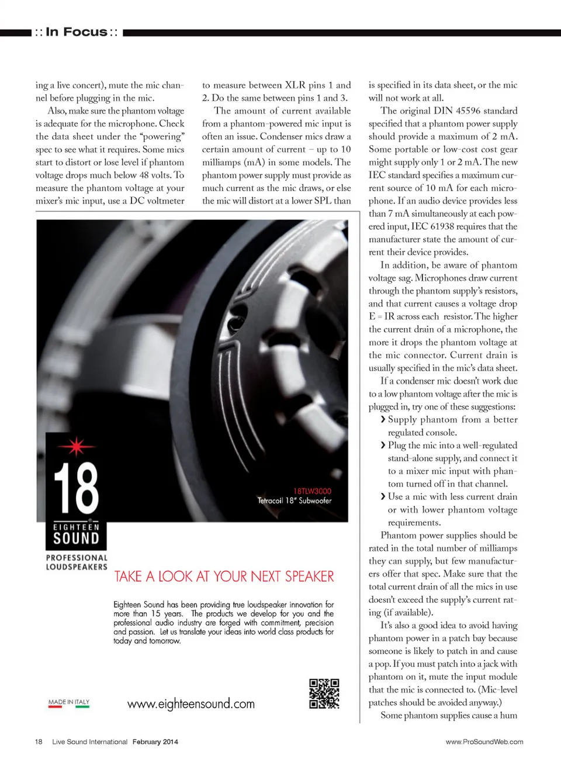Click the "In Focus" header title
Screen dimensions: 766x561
pyautogui.click(x=77, y=32)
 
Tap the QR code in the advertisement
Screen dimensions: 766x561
pyautogui.click(x=324, y=693)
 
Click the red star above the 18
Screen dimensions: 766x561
pyautogui.click(x=76, y=446)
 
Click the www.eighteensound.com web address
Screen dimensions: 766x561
pyautogui.click(x=191, y=703)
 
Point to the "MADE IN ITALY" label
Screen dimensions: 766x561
pyautogui.click(x=69, y=702)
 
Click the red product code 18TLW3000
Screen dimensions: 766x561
pyautogui.click(x=312, y=491)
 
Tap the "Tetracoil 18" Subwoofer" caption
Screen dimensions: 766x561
pyautogui.click(x=295, y=501)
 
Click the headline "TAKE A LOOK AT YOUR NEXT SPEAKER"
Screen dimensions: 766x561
pyautogui.click(x=224, y=577)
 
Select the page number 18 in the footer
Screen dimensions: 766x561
pyautogui.click(x=39, y=741)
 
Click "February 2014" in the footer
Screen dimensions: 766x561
pyautogui.click(x=155, y=741)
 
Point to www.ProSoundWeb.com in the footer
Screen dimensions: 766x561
pyautogui.click(x=484, y=741)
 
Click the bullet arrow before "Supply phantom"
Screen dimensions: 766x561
pyautogui.click(x=383, y=419)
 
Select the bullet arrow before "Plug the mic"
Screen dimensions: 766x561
pyautogui.click(x=383, y=445)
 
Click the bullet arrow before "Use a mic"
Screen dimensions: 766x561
pyautogui.click(x=383, y=496)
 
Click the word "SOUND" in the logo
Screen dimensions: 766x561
pyautogui.click(x=76, y=539)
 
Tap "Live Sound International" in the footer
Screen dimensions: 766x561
pyautogui.click(x=89, y=741)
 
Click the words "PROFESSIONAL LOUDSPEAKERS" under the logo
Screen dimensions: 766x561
pyautogui.click(x=77, y=562)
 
